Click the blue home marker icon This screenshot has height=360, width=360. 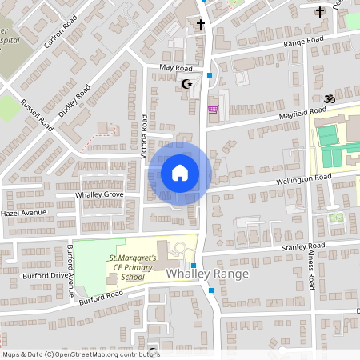click(179, 172)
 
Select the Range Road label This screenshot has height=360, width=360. click(306, 39)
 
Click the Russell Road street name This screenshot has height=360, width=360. click(37, 115)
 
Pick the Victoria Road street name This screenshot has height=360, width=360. click(145, 135)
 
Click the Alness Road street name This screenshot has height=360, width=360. click(310, 270)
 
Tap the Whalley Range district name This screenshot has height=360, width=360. click(208, 274)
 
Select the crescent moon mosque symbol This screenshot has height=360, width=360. click(189, 83)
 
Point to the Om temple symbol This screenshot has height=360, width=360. click(326, 98)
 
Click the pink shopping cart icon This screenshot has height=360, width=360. click(212, 110)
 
